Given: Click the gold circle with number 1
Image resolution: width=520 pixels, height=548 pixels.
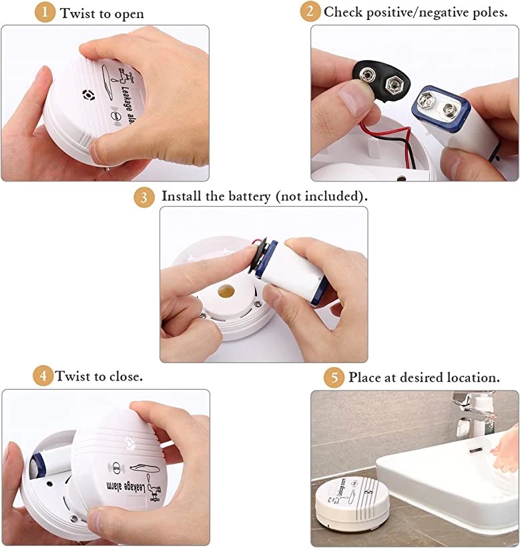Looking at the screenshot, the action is (x=45, y=13).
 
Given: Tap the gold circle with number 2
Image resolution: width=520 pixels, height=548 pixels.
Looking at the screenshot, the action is (x=310, y=11).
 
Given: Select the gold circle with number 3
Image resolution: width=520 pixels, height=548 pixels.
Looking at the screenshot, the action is (x=144, y=198).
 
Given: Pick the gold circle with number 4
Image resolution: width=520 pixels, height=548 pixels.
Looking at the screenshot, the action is (x=43, y=376).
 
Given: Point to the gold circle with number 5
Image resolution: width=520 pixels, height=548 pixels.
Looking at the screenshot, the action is (x=334, y=377).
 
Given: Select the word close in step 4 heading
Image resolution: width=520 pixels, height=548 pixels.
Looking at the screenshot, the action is (x=125, y=376).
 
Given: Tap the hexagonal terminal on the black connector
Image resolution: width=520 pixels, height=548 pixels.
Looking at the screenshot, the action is (x=392, y=84).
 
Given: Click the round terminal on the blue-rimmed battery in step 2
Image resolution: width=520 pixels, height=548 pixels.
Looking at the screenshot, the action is (x=449, y=110).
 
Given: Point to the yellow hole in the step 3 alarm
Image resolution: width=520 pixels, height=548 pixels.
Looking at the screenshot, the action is (x=226, y=291).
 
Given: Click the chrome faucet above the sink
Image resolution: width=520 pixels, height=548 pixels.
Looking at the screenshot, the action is (x=473, y=410).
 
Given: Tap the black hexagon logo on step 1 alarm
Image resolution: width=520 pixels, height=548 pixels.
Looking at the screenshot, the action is (x=88, y=95).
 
